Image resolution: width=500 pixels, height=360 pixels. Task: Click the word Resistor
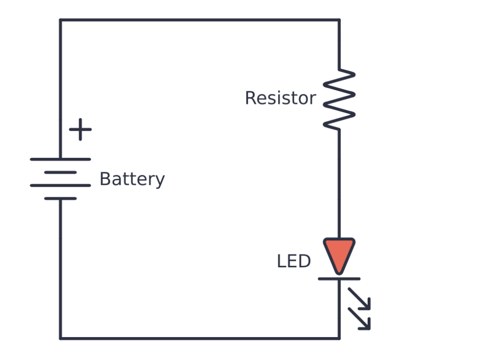tap(280, 98)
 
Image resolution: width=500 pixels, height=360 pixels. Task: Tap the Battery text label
tap(132, 179)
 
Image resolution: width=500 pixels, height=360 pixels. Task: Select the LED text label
tap(293, 262)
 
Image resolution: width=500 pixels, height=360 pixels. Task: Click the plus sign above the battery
tap(80, 130)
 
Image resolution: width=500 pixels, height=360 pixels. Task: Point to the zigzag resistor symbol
tap(339, 100)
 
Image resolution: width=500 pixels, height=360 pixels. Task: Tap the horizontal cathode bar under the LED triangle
tap(339, 279)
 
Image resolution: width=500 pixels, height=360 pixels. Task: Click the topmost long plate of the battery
tap(61, 159)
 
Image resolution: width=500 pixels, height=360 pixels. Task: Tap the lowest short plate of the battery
tap(61, 198)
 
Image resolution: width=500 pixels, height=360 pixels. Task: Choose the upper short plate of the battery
tap(61, 172)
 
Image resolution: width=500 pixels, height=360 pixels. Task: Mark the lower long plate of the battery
tap(61, 186)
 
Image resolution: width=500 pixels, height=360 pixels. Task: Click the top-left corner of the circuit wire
tap(61, 20)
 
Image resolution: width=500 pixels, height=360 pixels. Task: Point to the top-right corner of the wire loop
tap(339, 20)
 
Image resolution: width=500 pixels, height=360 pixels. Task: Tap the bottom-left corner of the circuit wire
tap(61, 338)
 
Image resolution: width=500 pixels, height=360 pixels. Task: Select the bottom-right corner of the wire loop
tap(339, 338)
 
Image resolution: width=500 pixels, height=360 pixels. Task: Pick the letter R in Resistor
tap(250, 98)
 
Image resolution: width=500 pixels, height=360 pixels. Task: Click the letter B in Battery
tap(104, 179)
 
